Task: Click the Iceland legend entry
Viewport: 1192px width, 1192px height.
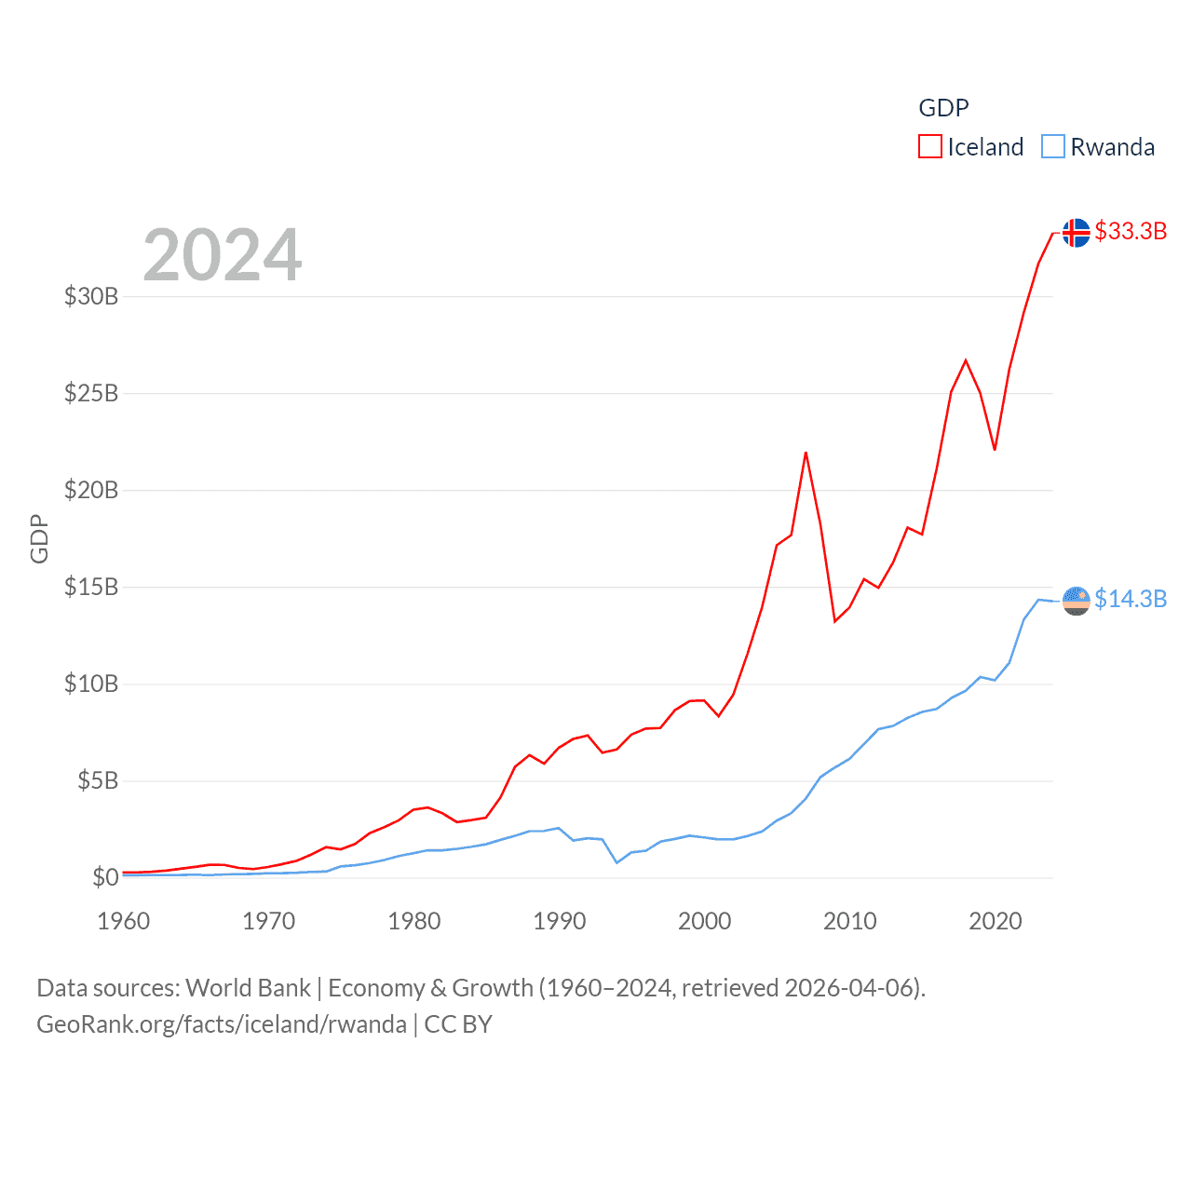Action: [x=970, y=147]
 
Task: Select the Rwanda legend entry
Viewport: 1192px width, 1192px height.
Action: [x=1098, y=147]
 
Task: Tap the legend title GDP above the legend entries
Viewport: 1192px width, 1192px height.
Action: [x=943, y=108]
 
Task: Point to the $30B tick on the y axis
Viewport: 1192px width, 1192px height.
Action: [x=91, y=296]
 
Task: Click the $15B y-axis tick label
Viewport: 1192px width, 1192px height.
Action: [x=91, y=587]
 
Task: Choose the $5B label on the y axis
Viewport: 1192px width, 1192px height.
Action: [x=98, y=780]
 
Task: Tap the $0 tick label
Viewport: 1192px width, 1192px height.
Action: [x=105, y=877]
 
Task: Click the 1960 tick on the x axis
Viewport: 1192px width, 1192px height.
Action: [x=124, y=921]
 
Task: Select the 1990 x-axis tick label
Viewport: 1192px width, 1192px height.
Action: [x=560, y=921]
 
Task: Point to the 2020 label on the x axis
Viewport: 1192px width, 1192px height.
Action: [x=996, y=921]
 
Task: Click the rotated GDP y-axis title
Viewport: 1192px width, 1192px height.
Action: [x=39, y=538]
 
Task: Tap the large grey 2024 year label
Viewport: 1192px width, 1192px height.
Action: [x=223, y=254]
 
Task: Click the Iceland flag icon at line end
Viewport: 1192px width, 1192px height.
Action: [x=1076, y=232]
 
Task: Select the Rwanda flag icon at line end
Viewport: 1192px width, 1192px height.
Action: [x=1076, y=601]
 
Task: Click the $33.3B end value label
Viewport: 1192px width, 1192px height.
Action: [x=1131, y=231]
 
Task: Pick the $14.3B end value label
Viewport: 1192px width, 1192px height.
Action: [x=1131, y=599]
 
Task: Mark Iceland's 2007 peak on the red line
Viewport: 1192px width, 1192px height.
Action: [x=806, y=453]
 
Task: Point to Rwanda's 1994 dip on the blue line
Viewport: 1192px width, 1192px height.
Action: [x=616, y=862]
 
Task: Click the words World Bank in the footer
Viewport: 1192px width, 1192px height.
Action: [x=248, y=987]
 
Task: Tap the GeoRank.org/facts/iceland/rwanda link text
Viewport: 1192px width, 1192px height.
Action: [x=222, y=1024]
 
